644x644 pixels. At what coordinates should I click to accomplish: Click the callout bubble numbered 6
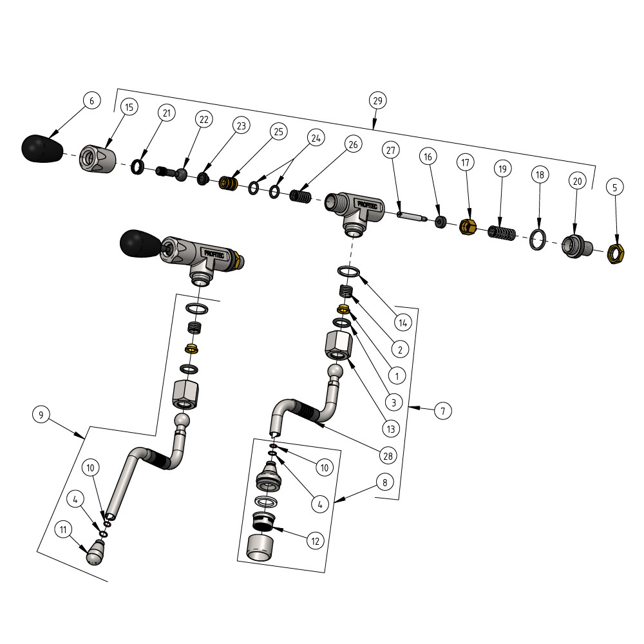[x=91, y=100]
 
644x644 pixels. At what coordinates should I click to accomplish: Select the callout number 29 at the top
[x=377, y=100]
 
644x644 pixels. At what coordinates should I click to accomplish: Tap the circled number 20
[x=577, y=181]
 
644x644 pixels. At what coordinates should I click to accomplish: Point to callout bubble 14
[x=403, y=323]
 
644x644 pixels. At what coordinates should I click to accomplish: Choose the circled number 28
[x=388, y=456]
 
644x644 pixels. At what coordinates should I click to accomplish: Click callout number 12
[x=315, y=542]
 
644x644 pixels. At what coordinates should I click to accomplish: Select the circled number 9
[x=41, y=414]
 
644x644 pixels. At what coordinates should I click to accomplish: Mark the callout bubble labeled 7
[x=443, y=411]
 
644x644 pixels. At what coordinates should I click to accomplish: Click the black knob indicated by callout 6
[x=42, y=149]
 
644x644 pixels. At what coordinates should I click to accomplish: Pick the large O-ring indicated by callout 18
[x=538, y=240]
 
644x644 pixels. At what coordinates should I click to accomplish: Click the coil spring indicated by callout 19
[x=502, y=233]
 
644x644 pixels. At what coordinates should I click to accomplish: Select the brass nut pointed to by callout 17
[x=468, y=227]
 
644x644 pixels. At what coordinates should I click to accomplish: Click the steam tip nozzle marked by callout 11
[x=96, y=553]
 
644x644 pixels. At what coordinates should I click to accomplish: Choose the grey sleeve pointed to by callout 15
[x=97, y=159]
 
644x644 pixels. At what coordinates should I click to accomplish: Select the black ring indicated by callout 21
[x=137, y=167]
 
